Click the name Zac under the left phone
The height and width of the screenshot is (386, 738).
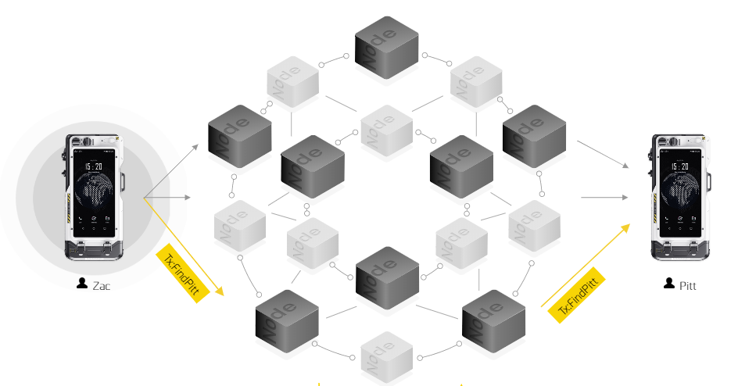102,285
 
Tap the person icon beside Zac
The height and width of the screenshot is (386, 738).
82,284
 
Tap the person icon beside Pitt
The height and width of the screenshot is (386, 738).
668,284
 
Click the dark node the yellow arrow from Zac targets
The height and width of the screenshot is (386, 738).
286,317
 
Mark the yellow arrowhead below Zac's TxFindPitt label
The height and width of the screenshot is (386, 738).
220,291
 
